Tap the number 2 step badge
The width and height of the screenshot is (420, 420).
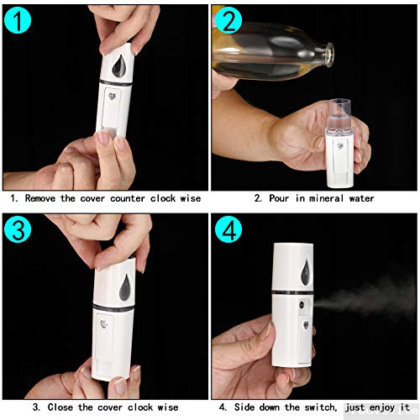click(230, 23)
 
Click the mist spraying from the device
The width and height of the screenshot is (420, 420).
click(361, 302)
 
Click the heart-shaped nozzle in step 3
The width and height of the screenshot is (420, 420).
click(106, 323)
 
